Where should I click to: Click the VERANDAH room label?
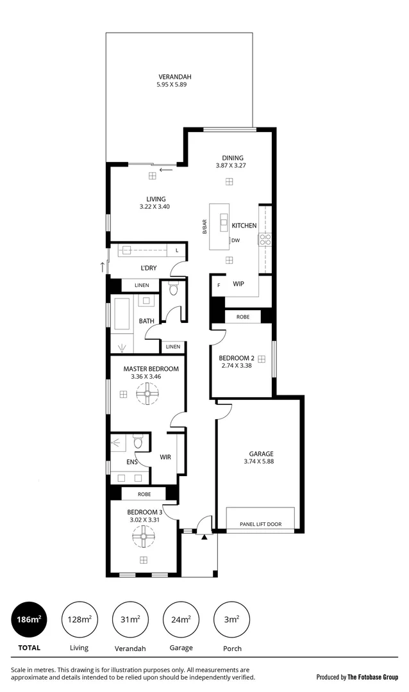174,77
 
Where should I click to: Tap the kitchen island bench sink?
224,223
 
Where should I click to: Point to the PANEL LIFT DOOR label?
260,524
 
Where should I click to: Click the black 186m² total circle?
29,619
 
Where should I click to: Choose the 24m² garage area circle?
181,619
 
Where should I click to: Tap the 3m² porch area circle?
232,619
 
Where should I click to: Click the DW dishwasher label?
235,240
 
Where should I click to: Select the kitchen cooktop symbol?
265,240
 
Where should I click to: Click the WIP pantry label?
238,283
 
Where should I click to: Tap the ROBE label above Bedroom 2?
243,317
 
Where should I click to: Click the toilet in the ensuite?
138,441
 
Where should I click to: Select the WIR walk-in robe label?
165,457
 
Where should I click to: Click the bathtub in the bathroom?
122,314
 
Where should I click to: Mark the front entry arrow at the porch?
204,537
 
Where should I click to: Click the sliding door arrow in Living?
166,170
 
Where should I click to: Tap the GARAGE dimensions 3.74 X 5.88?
258,461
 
